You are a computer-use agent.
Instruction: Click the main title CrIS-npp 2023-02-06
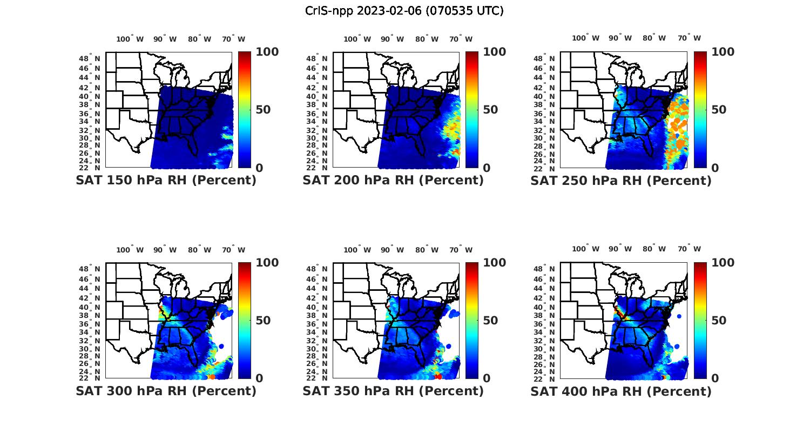tap(404, 11)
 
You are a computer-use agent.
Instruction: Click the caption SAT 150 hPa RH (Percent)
tap(166, 180)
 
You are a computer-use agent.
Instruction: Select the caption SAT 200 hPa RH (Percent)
tap(393, 180)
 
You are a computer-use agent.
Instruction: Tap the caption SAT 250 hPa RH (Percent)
tap(621, 180)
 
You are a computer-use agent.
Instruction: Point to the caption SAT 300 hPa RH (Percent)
tap(166, 390)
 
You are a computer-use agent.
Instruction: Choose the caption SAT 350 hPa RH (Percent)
tap(393, 390)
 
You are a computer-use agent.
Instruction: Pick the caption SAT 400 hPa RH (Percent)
tap(621, 390)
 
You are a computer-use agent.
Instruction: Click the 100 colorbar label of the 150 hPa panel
tap(267, 52)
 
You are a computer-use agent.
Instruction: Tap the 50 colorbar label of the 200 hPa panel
tap(490, 110)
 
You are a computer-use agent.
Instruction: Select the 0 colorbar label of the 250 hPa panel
tap(715, 168)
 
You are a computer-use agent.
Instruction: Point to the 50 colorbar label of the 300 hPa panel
tap(263, 321)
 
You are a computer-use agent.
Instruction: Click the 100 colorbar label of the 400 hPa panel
tap(723, 263)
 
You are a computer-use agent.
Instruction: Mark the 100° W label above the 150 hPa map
tap(130, 39)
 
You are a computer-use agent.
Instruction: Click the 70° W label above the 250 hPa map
tap(690, 38)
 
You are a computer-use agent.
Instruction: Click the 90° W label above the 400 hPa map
tap(619, 249)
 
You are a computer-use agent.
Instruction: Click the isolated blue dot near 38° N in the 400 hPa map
tap(679, 316)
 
